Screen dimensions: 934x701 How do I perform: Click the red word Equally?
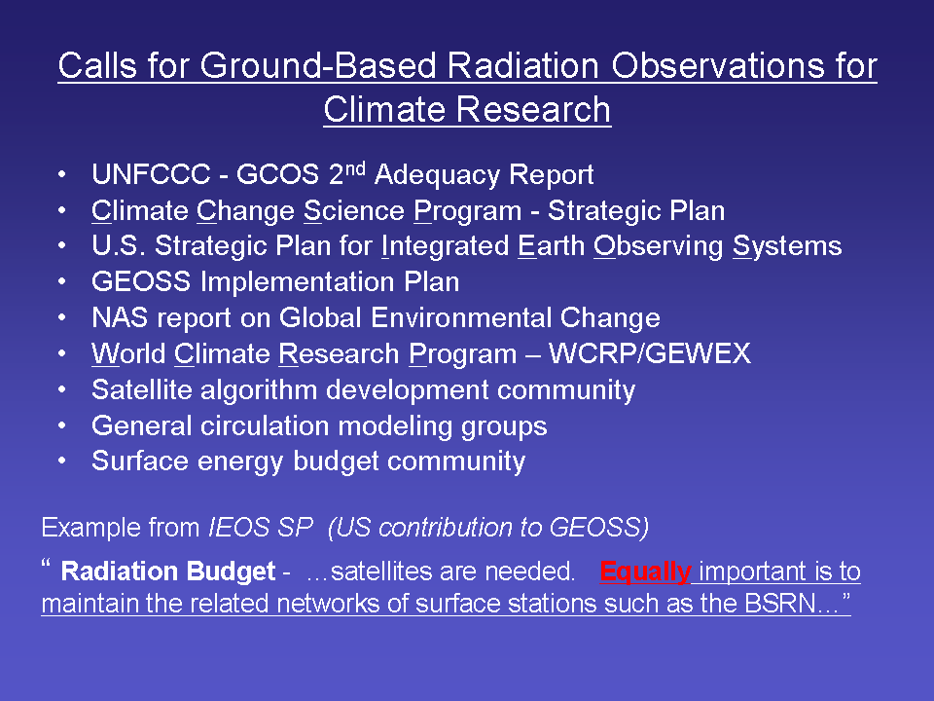[x=645, y=572]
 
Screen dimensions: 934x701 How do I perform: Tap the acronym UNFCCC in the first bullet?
[x=152, y=174]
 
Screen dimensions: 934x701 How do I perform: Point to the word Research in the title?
[x=534, y=110]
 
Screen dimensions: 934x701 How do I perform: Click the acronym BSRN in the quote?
[x=779, y=604]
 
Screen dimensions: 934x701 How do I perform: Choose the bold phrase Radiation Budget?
[x=168, y=572]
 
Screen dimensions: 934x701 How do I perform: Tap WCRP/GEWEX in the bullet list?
[x=649, y=353]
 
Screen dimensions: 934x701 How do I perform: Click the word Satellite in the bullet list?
[x=142, y=389]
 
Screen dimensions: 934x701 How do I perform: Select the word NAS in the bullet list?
[x=120, y=317]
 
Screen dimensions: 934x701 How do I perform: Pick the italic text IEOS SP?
[x=261, y=528]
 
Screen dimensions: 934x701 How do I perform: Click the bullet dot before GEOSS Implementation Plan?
[x=62, y=282]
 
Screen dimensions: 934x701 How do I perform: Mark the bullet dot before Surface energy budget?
[x=62, y=461]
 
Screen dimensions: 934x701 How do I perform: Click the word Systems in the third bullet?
[x=787, y=246]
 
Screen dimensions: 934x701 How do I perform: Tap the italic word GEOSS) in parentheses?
[x=599, y=528]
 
